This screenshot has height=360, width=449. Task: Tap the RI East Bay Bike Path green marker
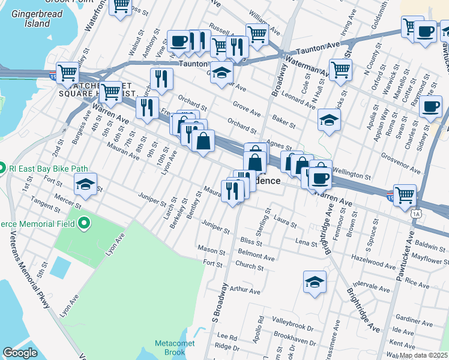pyautogui.click(x=2, y=167)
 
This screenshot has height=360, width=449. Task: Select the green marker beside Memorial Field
pyautogui.click(x=83, y=224)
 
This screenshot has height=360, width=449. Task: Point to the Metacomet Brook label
pyautogui.click(x=170, y=347)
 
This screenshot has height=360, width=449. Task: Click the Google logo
pyautogui.click(x=20, y=353)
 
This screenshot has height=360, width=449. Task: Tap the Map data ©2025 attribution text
pyautogui.click(x=423, y=355)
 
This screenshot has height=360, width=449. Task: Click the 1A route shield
pyautogui.click(x=416, y=213)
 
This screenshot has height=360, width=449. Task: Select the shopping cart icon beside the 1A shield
pyautogui.click(x=405, y=195)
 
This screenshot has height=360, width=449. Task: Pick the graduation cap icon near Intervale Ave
pyautogui.click(x=315, y=281)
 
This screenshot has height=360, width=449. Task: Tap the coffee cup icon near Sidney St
pyautogui.click(x=430, y=107)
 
